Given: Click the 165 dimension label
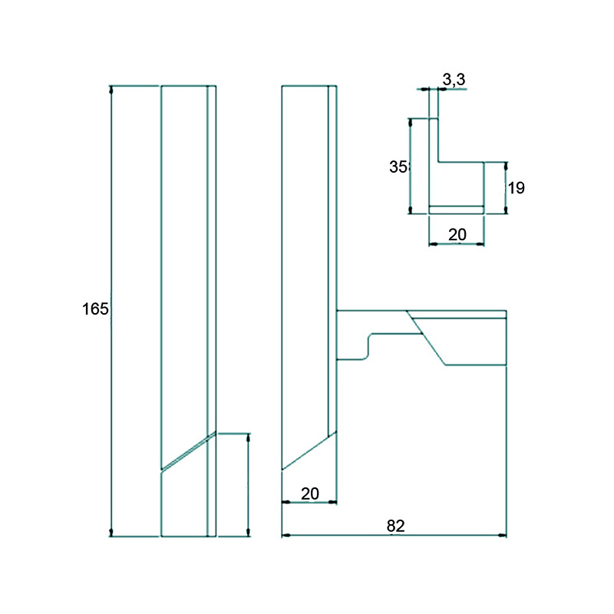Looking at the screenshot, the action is pos(95,309).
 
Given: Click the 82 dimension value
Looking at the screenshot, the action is pos(395,526).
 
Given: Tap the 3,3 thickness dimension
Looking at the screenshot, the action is pos(454,80).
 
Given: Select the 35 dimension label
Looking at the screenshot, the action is pos(398,167).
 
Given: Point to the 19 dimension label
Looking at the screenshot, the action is pos(516,188).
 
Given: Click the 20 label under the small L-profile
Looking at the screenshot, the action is pos(457,235).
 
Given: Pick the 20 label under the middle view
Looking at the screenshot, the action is pos(310,494).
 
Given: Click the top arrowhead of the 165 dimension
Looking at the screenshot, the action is pos(111,90).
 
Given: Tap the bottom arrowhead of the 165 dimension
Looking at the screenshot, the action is pos(111,532).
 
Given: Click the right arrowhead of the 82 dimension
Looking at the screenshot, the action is pos(502,535).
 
